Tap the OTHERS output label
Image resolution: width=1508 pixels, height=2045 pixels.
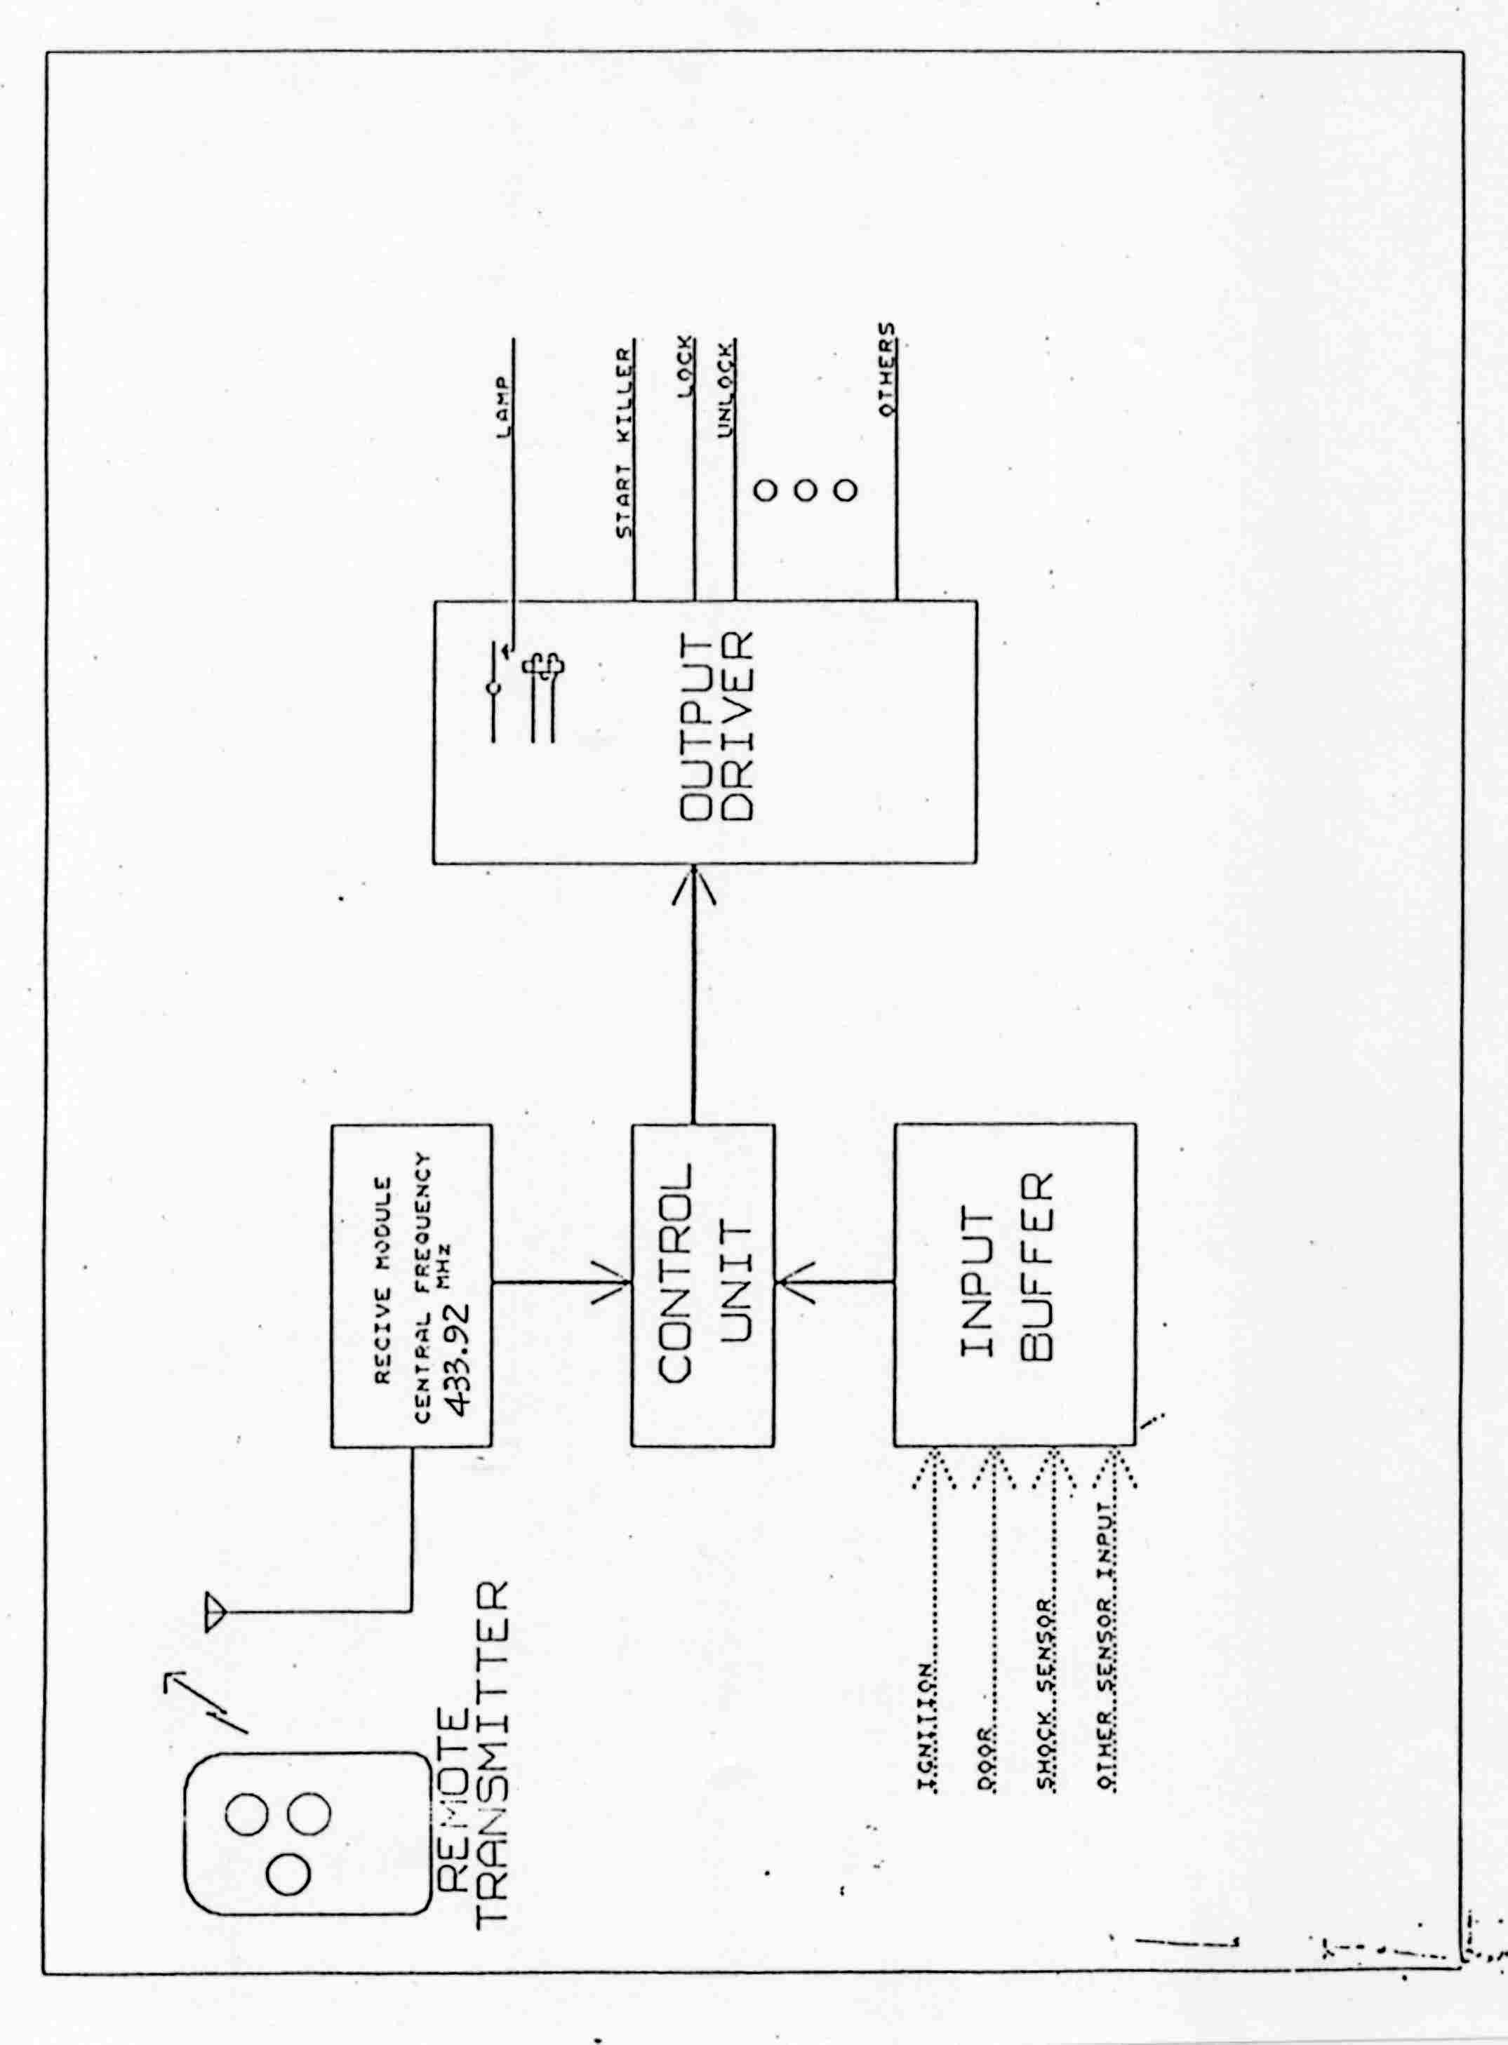(886, 370)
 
